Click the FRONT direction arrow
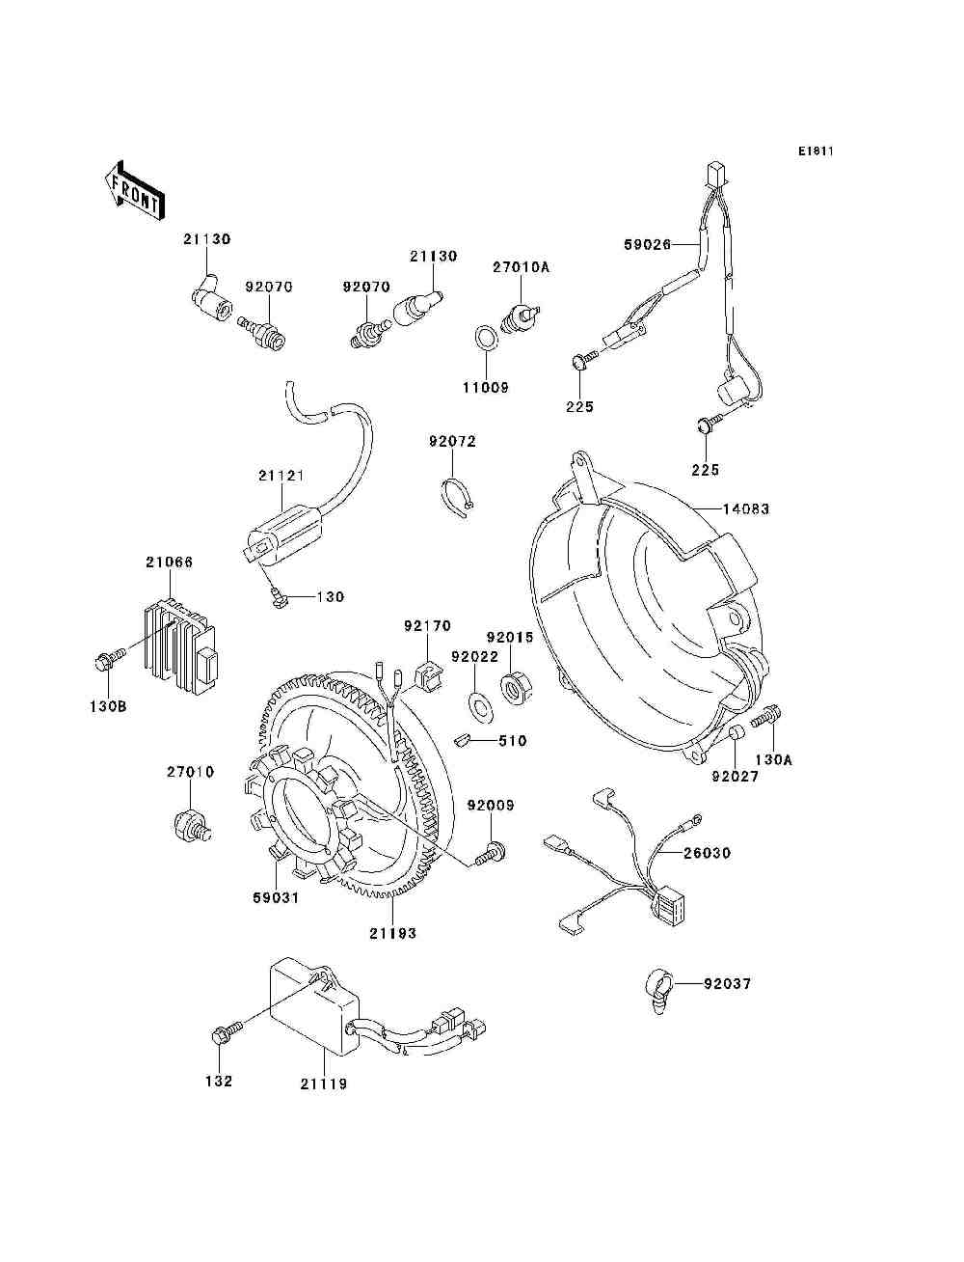[x=134, y=190]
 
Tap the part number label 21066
[x=169, y=562]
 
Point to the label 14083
[x=746, y=508]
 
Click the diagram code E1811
[x=816, y=151]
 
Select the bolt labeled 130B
[x=109, y=659]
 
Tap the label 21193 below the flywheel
[x=393, y=934]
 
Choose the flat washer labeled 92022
[x=477, y=705]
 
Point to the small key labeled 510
[x=463, y=740]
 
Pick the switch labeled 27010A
[x=521, y=318]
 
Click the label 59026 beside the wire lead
[x=648, y=244]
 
